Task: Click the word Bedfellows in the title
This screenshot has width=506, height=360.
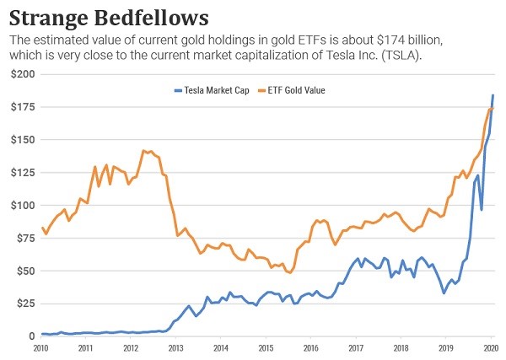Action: click(x=159, y=17)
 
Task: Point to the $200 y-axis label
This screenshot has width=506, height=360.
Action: click(x=22, y=75)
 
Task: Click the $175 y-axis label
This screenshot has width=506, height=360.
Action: click(x=22, y=107)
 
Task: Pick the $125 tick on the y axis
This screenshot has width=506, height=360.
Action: click(x=22, y=173)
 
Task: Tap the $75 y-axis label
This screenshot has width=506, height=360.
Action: click(x=24, y=239)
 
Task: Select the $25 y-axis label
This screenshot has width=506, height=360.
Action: click(x=24, y=304)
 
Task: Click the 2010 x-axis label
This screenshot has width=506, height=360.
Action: click(x=40, y=347)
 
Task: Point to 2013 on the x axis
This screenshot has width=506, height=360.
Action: click(x=175, y=347)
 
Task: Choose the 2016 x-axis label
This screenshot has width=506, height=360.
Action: click(x=310, y=347)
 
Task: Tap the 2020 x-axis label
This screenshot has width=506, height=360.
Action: click(x=490, y=347)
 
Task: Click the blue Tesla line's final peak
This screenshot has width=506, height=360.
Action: click(x=493, y=95)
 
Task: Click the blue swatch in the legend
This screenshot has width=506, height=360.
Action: click(x=177, y=89)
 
